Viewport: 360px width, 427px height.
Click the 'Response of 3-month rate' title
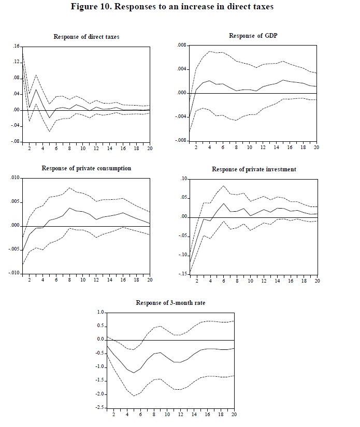click(x=170, y=302)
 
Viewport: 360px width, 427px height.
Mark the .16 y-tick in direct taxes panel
click(x=16, y=47)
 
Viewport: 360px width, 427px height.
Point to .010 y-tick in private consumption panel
click(x=15, y=178)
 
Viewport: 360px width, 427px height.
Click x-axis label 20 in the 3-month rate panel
click(x=234, y=414)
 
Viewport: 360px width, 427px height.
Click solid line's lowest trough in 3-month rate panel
click(x=134, y=373)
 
